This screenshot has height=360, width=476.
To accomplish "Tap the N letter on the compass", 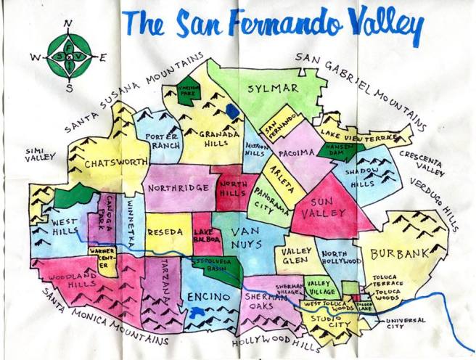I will pyautogui.click(x=68, y=24).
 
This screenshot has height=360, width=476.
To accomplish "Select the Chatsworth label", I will pyautogui.click(x=112, y=163).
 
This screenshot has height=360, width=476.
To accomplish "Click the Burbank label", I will pyautogui.click(x=396, y=254).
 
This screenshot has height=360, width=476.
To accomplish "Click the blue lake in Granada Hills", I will pyautogui.click(x=231, y=112).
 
